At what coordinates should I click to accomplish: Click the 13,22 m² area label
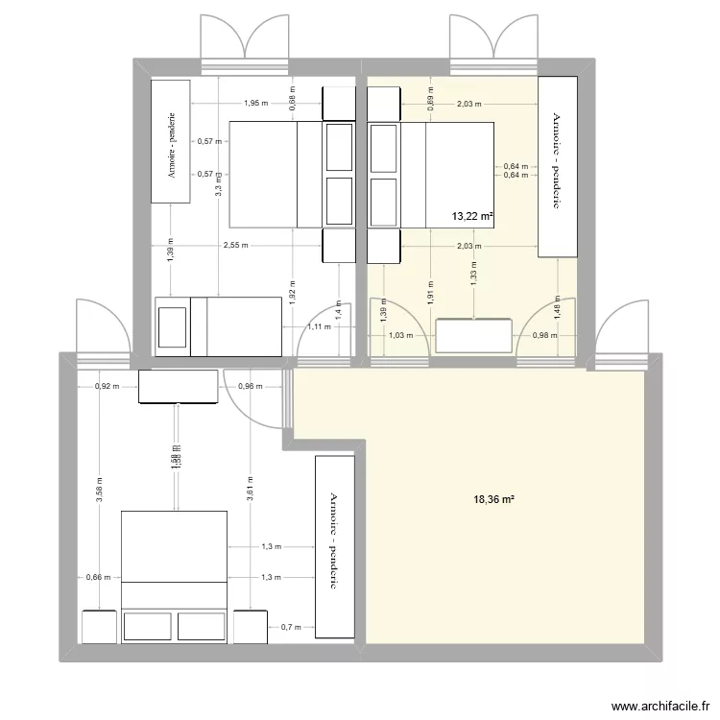[x=472, y=217]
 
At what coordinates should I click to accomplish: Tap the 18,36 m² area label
[x=494, y=499]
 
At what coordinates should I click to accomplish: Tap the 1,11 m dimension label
[x=320, y=326]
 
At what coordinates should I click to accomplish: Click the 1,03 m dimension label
[x=400, y=336]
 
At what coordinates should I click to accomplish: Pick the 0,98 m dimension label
[x=545, y=336]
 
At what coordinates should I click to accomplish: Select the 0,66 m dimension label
[x=98, y=578]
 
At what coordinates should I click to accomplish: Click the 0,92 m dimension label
[x=107, y=387]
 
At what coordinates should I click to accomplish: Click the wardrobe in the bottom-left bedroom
[x=334, y=545]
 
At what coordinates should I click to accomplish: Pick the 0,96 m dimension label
[x=249, y=387]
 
